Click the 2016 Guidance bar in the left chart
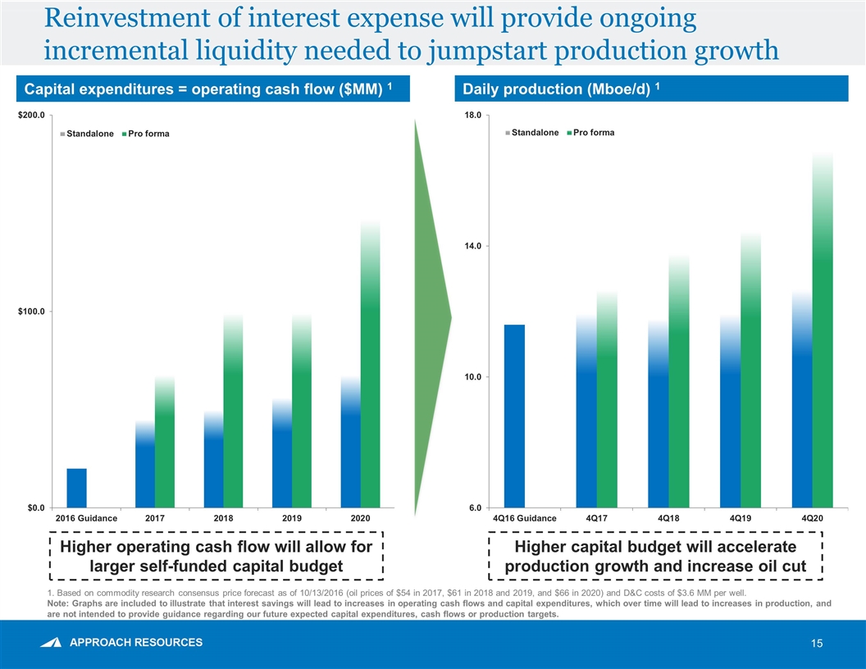click(76, 488)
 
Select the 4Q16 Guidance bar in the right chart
click(514, 416)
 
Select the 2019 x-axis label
click(292, 518)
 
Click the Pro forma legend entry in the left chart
click(148, 134)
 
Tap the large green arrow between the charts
click(432, 316)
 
